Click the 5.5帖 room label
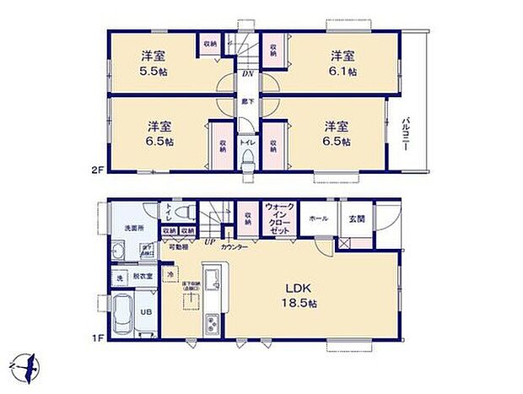pos(153,64)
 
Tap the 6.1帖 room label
pos(342,64)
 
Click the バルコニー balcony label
pos(406,134)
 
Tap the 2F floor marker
pos(96,170)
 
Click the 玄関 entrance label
pos(358,218)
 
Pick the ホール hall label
pos(320,218)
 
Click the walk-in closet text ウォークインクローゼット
pos(279,218)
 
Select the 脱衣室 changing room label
pos(143,276)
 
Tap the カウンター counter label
pos(235,246)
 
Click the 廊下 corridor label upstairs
pos(246,102)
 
